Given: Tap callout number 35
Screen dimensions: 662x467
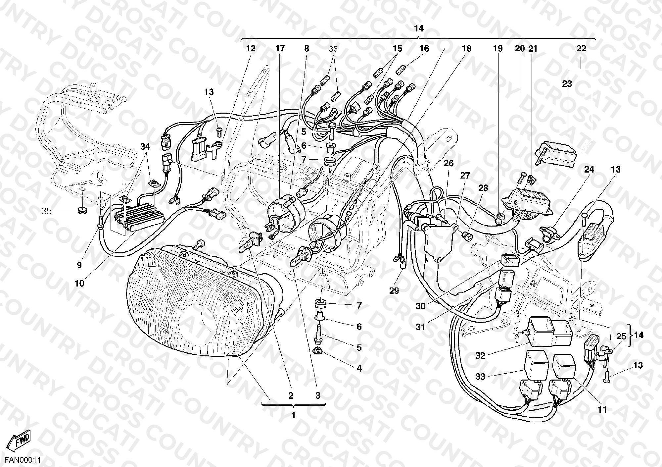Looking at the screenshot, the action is pyautogui.click(x=47, y=211).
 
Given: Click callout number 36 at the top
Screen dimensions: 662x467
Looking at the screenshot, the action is pyautogui.click(x=333, y=49).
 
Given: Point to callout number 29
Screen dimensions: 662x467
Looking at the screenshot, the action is pyautogui.click(x=394, y=290).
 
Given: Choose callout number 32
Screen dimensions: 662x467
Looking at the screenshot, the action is pyautogui.click(x=480, y=356).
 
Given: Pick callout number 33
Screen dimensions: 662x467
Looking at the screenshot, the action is pyautogui.click(x=480, y=376).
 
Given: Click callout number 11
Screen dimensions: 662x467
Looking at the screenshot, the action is pyautogui.click(x=602, y=410).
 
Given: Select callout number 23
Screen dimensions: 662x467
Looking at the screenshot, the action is pyautogui.click(x=567, y=84).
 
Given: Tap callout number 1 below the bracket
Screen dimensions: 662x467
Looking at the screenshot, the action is pyautogui.click(x=293, y=415).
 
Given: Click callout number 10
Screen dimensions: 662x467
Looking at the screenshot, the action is pyautogui.click(x=79, y=284).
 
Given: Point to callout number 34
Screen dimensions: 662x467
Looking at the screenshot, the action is pyautogui.click(x=145, y=146).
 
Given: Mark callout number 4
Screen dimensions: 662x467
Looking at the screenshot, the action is pyautogui.click(x=359, y=368).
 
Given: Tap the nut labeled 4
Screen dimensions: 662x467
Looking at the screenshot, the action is pyautogui.click(x=318, y=351).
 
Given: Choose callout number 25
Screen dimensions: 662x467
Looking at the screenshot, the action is pyautogui.click(x=621, y=337).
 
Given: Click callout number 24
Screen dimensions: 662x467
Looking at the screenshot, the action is pyautogui.click(x=589, y=170).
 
